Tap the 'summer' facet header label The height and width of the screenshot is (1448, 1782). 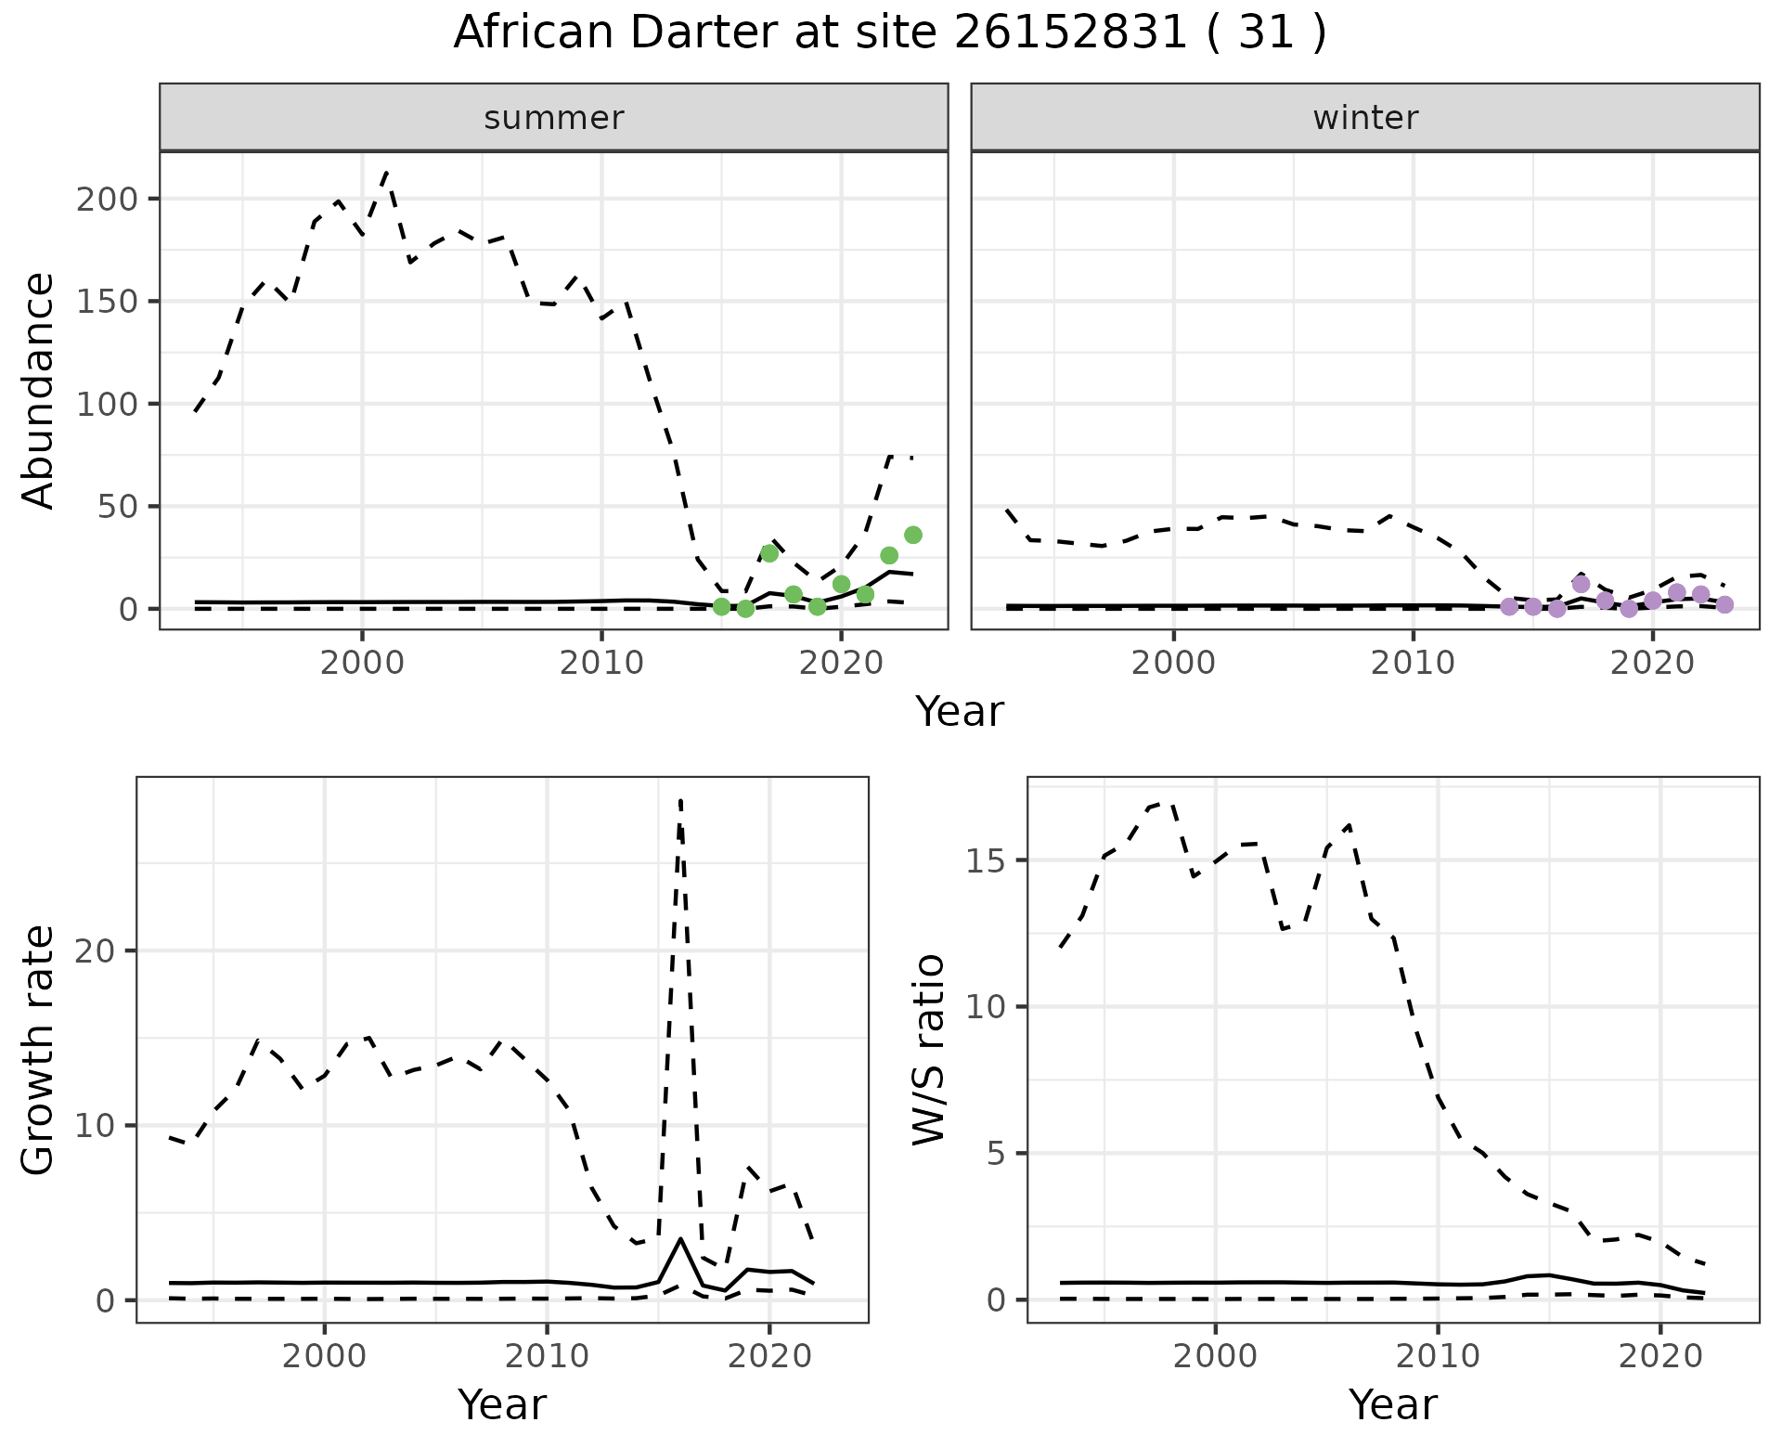coord(554,118)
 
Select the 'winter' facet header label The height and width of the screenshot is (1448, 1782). coord(1365,118)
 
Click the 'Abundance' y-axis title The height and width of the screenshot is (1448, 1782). coord(39,390)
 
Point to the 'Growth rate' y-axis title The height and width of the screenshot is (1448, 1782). coord(39,1049)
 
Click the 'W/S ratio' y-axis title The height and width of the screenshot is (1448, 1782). coord(928,1049)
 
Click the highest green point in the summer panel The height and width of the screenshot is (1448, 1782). coord(913,535)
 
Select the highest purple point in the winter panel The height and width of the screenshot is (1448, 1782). coord(1582,584)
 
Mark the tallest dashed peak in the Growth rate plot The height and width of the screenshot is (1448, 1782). coord(680,800)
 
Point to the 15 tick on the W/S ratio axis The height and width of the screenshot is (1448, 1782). coord(989,860)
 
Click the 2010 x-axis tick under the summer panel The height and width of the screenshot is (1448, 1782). coord(601,664)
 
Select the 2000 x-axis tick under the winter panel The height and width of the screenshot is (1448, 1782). coord(1173,664)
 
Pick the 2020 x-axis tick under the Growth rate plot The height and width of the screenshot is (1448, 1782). coord(768,1356)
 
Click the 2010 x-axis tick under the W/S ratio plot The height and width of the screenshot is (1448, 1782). coord(1437,1356)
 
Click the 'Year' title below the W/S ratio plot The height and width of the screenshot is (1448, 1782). coord(1393,1404)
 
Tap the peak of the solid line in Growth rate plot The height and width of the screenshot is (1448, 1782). coord(681,1239)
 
